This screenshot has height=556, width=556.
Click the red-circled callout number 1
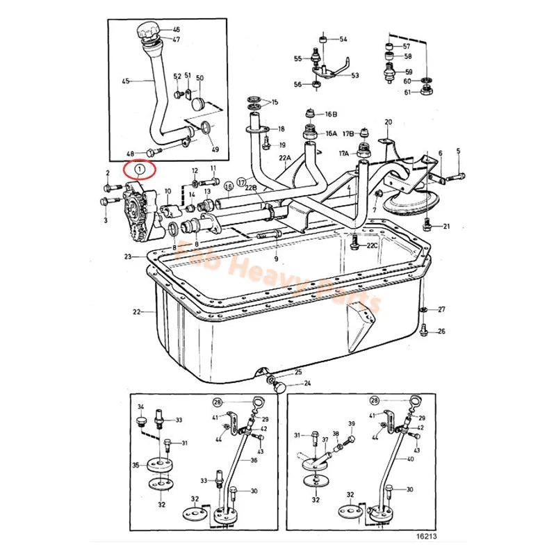pos(140,168)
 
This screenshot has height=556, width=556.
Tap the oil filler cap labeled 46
pos(147,31)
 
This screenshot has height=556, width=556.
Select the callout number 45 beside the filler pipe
pos(126,81)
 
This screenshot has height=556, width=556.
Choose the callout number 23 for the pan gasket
pos(128,257)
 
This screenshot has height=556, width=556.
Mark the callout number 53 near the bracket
pos(355,75)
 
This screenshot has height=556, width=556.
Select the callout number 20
pos(388,122)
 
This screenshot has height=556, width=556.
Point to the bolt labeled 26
pos(425,332)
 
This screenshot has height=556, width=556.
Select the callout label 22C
pos(373,245)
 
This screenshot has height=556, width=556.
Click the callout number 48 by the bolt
pos(130,153)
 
